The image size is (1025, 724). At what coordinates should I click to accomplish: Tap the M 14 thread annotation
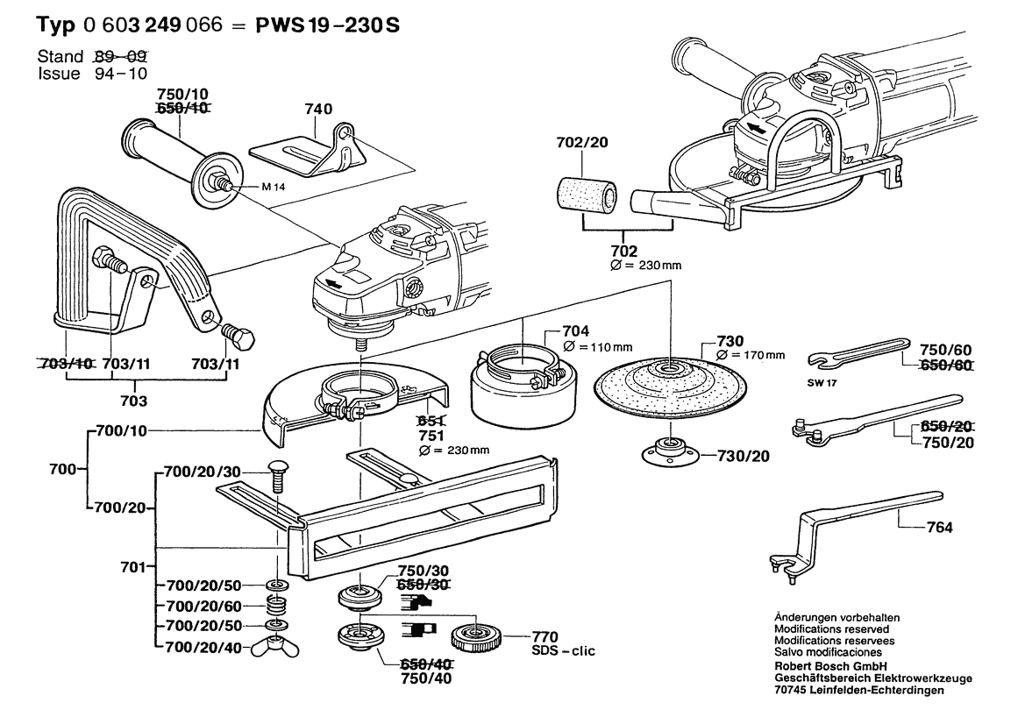(x=274, y=187)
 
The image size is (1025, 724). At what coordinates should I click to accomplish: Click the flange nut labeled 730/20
(x=671, y=451)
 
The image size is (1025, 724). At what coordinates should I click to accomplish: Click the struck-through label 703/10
(x=65, y=363)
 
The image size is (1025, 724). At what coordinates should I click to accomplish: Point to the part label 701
(x=132, y=568)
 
